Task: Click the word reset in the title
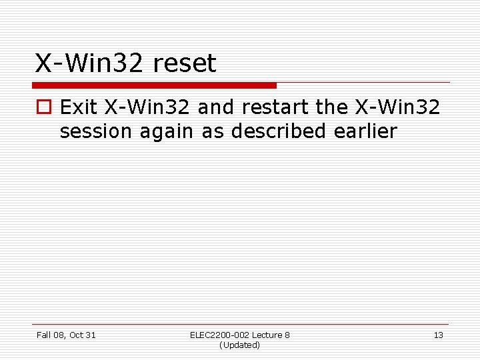point(185,64)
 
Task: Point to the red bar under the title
point(155,85)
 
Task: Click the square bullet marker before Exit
point(45,107)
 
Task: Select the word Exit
point(79,107)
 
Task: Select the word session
point(96,131)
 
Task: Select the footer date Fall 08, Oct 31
point(66,335)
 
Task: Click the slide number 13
point(438,335)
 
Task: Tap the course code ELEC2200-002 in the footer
point(219,335)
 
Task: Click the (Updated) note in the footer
point(239,345)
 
